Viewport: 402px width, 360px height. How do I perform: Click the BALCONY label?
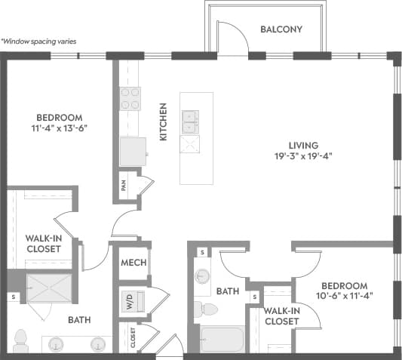pos(281,29)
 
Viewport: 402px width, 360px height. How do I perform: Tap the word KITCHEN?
pos(162,122)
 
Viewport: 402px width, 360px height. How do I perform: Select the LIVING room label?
pos(303,145)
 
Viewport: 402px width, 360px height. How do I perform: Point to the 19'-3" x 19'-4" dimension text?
pos(303,156)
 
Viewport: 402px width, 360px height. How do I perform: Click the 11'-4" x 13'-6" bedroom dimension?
pos(60,128)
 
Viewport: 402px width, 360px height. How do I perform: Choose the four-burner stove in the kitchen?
pos(130,99)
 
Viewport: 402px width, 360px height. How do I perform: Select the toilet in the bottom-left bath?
pos(20,340)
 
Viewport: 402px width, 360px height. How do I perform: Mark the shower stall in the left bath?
pos(48,289)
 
